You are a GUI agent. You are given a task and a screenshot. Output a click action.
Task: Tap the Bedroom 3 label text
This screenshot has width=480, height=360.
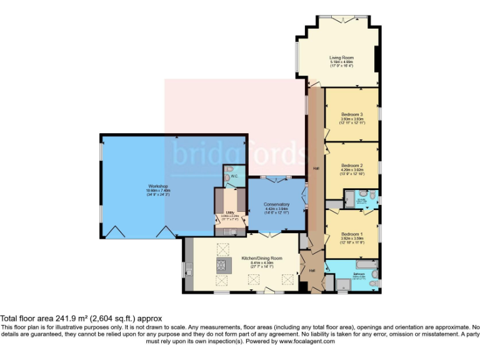[x=352, y=114]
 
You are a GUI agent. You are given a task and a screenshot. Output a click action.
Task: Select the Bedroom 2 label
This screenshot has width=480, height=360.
[x=352, y=165]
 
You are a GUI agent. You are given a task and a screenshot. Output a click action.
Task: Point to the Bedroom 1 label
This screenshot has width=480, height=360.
[x=352, y=233]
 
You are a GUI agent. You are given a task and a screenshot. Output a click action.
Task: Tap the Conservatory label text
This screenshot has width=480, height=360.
[x=277, y=204]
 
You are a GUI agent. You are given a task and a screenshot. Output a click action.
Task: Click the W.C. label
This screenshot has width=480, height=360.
[x=234, y=176]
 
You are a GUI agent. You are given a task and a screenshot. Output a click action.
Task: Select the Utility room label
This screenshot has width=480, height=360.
[x=229, y=212]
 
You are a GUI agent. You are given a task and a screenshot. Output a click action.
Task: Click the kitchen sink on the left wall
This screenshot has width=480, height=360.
[x=187, y=269]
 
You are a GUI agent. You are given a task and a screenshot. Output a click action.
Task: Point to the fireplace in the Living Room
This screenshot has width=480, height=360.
[x=376, y=60]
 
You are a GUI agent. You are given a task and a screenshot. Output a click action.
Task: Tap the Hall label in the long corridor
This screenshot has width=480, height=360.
[x=316, y=169]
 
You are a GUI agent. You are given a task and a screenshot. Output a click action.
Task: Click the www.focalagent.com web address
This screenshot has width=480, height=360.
[x=307, y=342]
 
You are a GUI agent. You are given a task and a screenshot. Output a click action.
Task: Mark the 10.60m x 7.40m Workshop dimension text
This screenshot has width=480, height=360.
[x=157, y=191]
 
